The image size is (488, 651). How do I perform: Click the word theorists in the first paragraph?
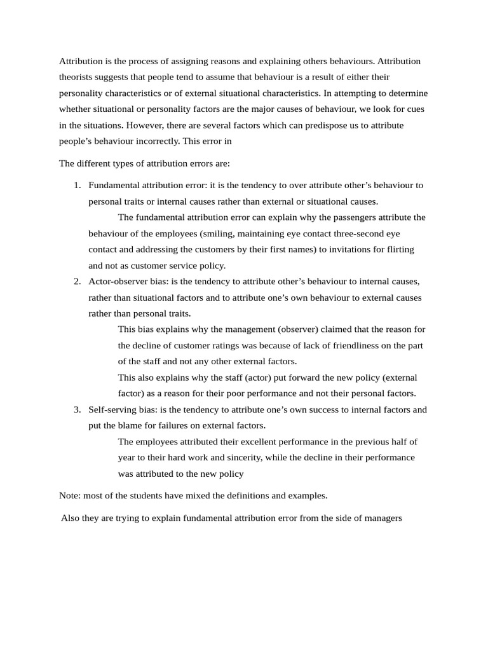(x=78, y=78)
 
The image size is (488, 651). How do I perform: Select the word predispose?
(x=316, y=125)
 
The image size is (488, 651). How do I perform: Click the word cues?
(x=414, y=109)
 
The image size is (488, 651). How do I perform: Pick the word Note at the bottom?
(x=69, y=495)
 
